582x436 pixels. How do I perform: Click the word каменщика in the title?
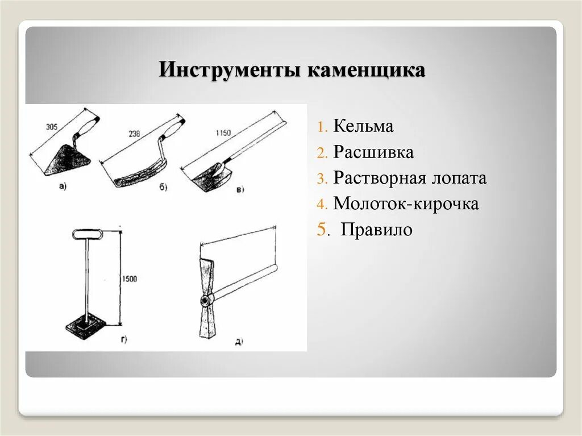click(366, 70)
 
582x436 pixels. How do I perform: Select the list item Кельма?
click(363, 126)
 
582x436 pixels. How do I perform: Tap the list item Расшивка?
click(373, 152)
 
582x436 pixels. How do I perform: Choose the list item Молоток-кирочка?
click(406, 204)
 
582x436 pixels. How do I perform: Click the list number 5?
click(322, 230)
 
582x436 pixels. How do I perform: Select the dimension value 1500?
click(130, 279)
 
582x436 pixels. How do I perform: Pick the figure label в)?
click(239, 189)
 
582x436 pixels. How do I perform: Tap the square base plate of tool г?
click(86, 329)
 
